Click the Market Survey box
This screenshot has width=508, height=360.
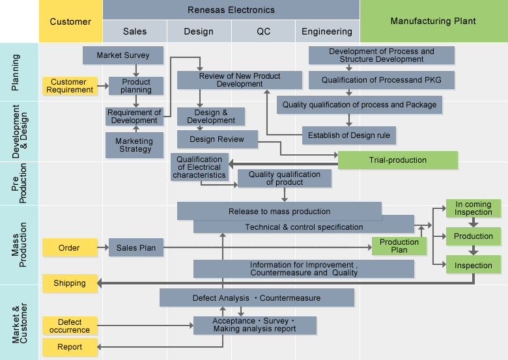click(x=122, y=55)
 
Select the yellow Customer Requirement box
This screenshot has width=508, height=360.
click(x=69, y=86)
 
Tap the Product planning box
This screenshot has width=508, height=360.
click(x=135, y=86)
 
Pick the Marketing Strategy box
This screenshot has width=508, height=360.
click(x=134, y=145)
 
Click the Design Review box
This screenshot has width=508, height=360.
click(x=217, y=139)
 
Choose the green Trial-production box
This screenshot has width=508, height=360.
click(x=397, y=160)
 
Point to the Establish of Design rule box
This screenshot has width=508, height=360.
click(x=349, y=135)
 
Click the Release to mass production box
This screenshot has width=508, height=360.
click(x=279, y=211)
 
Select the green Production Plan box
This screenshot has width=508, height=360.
click(x=399, y=246)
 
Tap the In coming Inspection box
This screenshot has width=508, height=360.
click(x=473, y=208)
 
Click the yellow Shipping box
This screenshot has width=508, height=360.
click(x=69, y=283)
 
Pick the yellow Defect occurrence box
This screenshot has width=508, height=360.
click(x=69, y=326)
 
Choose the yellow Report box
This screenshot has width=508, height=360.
click(x=69, y=347)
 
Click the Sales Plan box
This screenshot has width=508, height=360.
click(x=135, y=247)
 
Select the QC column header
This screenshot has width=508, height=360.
click(x=263, y=31)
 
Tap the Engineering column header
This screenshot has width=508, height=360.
click(x=327, y=31)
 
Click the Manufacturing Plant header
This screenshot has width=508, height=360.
click(x=433, y=21)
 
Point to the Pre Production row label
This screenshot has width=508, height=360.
click(x=19, y=184)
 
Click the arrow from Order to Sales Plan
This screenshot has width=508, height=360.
click(x=103, y=247)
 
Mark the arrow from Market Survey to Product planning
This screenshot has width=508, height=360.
click(x=135, y=70)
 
